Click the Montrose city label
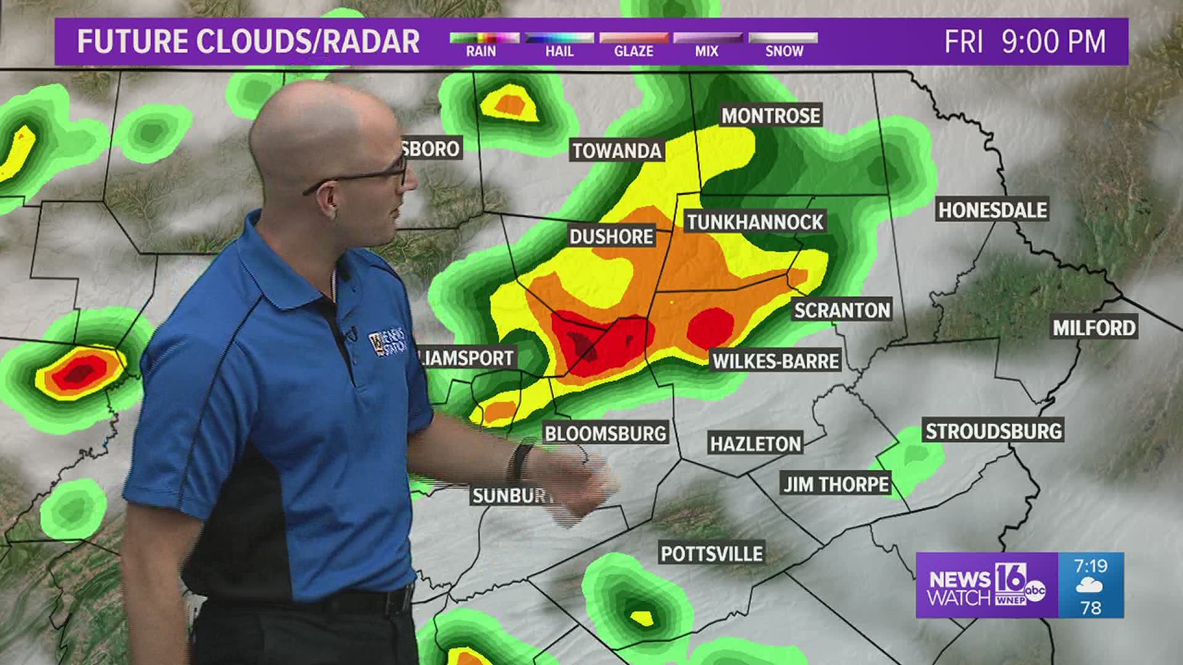click(771, 116)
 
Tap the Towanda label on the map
click(617, 151)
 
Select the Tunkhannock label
click(755, 222)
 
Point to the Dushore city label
click(611, 236)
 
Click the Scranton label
click(842, 310)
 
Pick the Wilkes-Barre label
click(776, 361)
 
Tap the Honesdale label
click(992, 211)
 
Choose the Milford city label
click(1094, 328)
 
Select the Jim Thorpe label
click(836, 485)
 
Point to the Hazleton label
click(755, 444)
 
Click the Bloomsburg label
click(605, 433)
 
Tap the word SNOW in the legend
click(784, 52)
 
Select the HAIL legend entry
click(559, 52)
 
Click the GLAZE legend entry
click(633, 52)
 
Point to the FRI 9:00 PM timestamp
click(1025, 42)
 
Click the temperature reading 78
click(1091, 608)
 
